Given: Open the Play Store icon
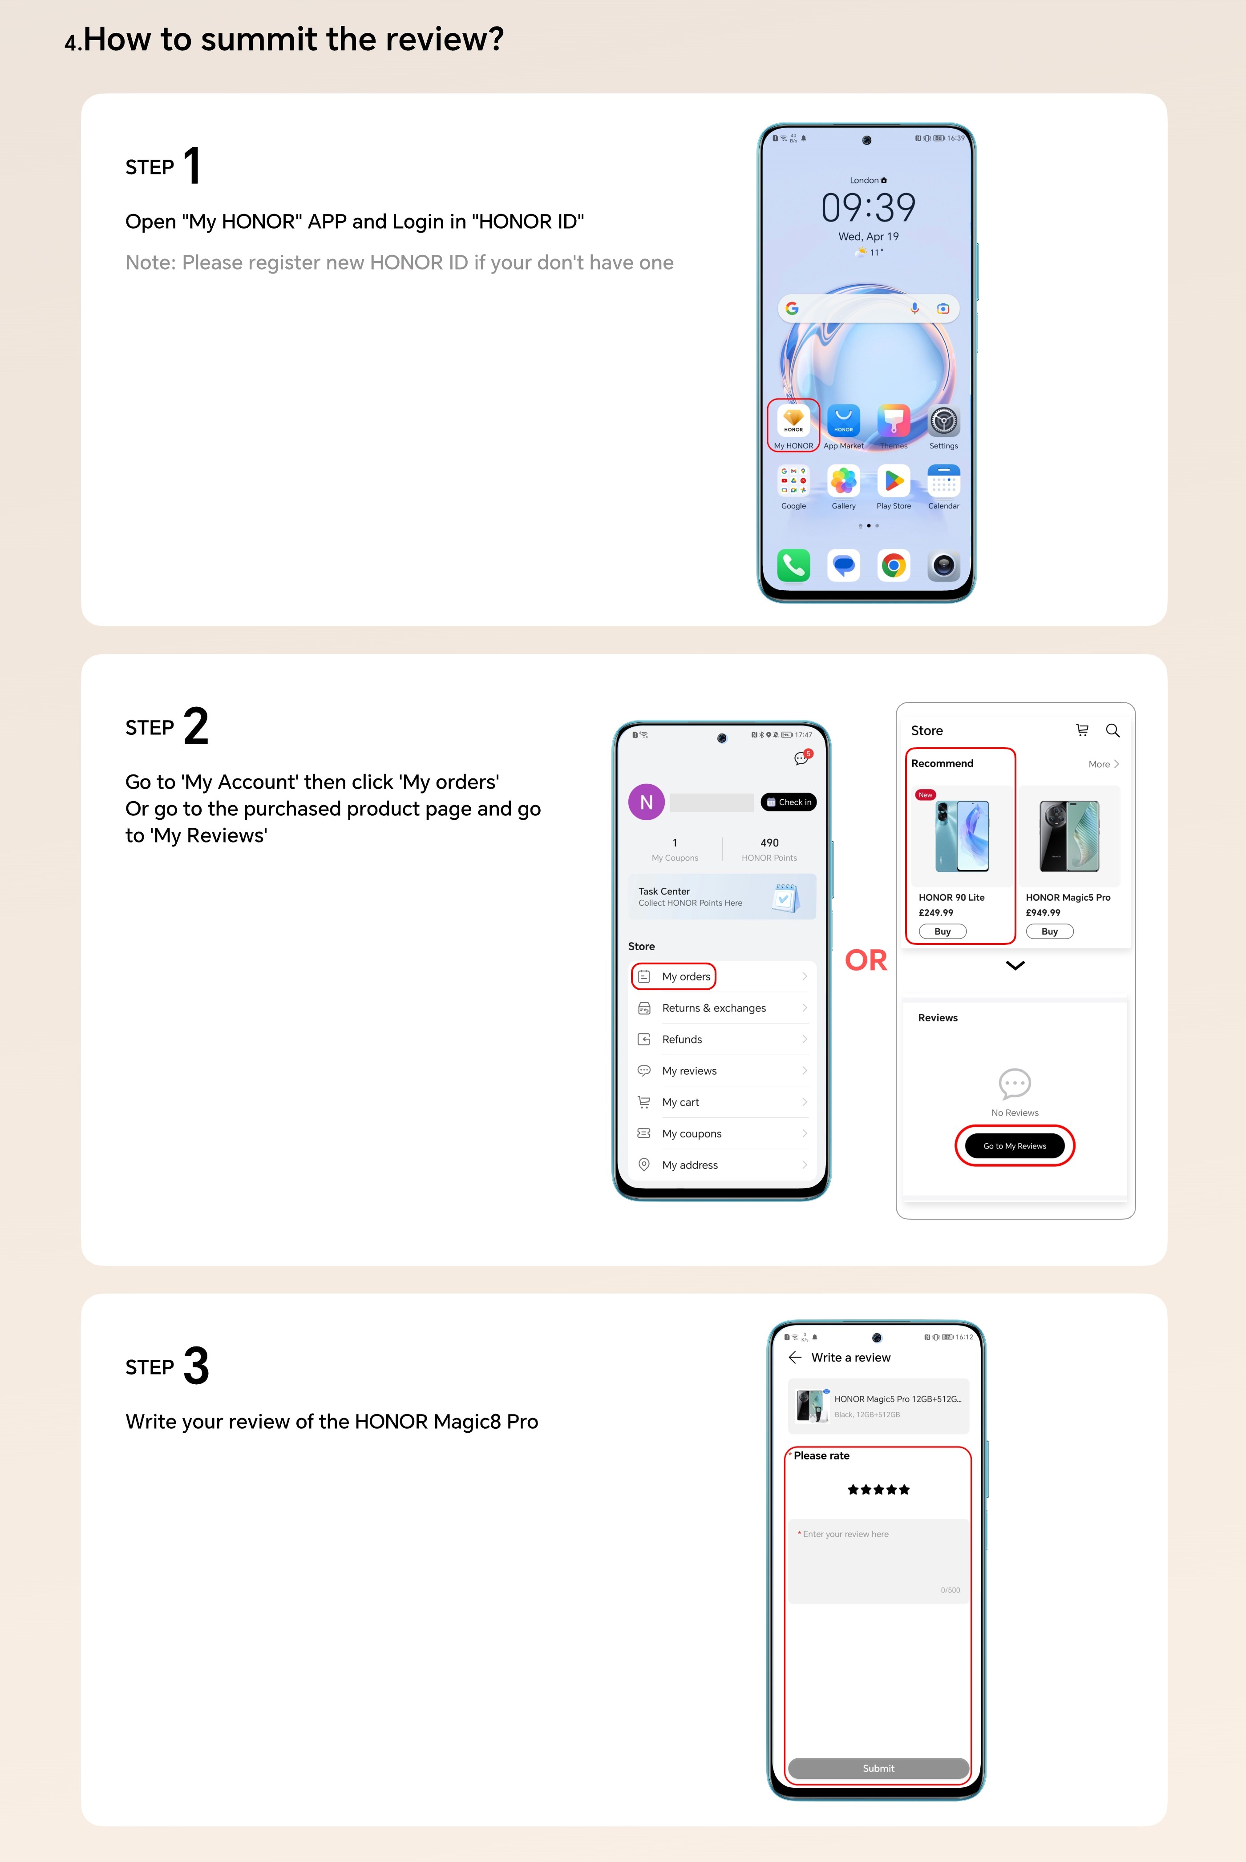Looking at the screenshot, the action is [x=893, y=480].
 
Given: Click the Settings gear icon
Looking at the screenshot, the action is [x=943, y=420].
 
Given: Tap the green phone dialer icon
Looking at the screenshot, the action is [x=793, y=566].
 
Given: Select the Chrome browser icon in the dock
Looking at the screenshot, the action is [x=893, y=566].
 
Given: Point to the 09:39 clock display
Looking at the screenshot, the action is [x=868, y=207].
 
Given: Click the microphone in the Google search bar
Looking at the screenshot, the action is [x=914, y=308].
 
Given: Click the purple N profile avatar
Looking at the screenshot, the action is [x=646, y=802].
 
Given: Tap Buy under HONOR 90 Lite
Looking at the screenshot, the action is [x=943, y=931].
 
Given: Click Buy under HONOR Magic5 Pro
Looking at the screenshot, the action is [x=1050, y=931].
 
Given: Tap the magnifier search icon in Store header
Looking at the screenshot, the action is [x=1112, y=730].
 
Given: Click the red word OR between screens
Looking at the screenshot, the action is [x=866, y=960].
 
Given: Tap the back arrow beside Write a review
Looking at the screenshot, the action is [x=795, y=1358].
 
